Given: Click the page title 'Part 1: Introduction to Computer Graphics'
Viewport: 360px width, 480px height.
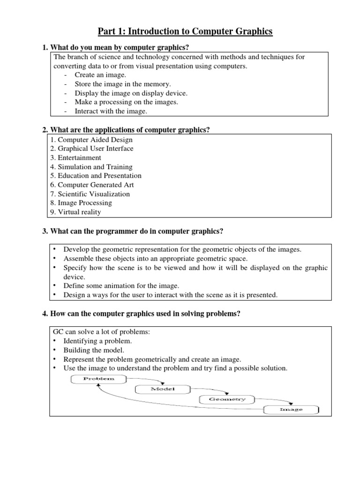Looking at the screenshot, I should pyautogui.click(x=185, y=32).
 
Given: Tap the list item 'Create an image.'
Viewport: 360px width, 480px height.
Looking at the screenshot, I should pyautogui.click(x=100, y=75).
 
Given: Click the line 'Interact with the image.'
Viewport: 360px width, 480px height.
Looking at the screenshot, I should pyautogui.click(x=111, y=111).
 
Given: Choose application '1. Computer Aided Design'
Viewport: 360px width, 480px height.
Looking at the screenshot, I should pyautogui.click(x=91, y=140).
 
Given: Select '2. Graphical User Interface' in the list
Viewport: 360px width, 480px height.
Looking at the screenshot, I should pyautogui.click(x=91, y=149).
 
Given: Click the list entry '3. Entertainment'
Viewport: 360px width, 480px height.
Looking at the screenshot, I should pyautogui.click(x=75, y=157).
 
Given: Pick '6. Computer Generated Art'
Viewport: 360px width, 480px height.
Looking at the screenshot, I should pyautogui.click(x=91, y=185).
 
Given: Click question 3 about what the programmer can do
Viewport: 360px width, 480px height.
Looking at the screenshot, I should pyautogui.click(x=133, y=232).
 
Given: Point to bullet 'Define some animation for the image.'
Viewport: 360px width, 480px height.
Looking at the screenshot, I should pyautogui.click(x=121, y=285).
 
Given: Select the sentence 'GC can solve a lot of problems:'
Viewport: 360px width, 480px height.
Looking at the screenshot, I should pyautogui.click(x=102, y=332).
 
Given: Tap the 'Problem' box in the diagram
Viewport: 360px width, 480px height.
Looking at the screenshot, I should pyautogui.click(x=93, y=379).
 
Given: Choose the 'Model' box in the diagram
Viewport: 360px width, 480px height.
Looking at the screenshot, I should pyautogui.click(x=156, y=389).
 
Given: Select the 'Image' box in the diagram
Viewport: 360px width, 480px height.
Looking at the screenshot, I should pyautogui.click(x=291, y=409).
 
